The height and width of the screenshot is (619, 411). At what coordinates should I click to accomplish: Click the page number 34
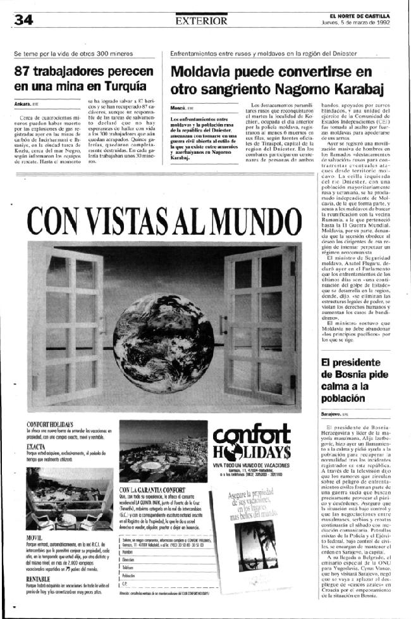[x=22, y=20]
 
